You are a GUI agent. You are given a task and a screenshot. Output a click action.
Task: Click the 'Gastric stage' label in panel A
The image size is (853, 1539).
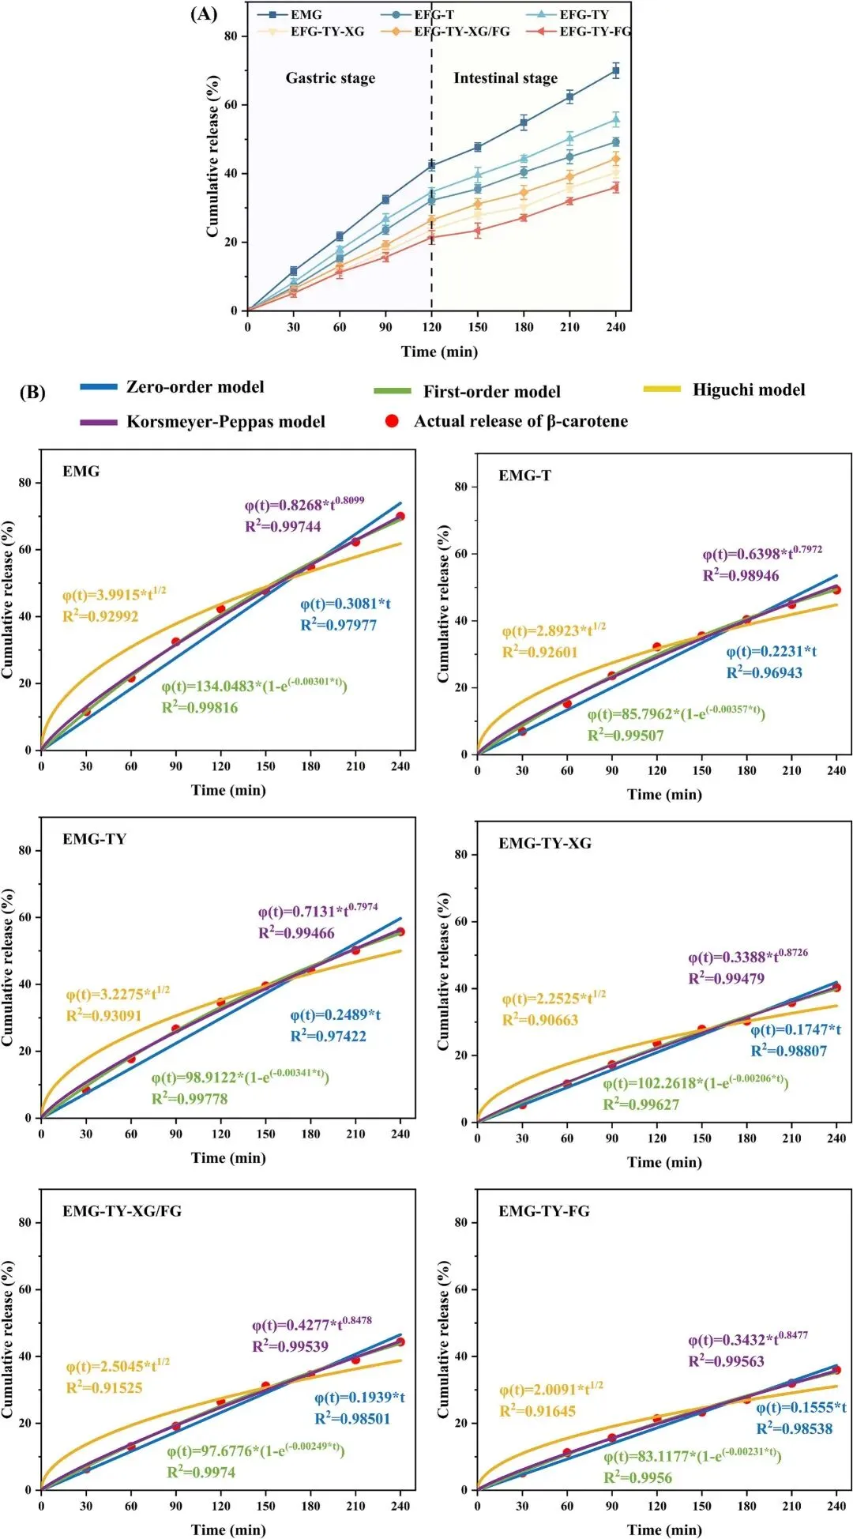click(x=330, y=78)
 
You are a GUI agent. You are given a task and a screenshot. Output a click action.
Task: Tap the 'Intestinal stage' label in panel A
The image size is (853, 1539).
click(x=505, y=78)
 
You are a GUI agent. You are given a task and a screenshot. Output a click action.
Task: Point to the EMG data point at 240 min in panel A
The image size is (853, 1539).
click(x=615, y=71)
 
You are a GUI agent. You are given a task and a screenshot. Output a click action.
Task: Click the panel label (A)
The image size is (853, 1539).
click(x=204, y=13)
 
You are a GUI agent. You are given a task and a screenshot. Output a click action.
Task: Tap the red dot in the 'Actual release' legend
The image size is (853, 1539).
click(x=392, y=421)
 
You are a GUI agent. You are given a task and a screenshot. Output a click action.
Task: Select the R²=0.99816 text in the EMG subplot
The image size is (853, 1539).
click(x=200, y=708)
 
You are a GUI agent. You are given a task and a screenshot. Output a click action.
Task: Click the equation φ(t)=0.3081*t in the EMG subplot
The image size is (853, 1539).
click(x=345, y=604)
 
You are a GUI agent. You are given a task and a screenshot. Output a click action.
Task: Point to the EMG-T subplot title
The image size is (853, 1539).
click(x=524, y=476)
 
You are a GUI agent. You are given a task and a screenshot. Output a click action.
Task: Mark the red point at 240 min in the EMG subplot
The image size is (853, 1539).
click(x=400, y=517)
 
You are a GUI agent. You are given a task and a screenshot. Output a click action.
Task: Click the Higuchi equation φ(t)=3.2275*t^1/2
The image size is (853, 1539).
click(x=118, y=994)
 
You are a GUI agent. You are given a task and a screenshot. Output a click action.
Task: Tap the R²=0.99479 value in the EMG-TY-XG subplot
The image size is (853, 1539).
click(x=727, y=979)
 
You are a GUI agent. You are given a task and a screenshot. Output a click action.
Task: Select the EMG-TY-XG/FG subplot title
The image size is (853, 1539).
click(x=122, y=1211)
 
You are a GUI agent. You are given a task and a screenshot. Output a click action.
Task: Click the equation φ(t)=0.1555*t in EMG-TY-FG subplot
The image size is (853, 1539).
click(x=801, y=1408)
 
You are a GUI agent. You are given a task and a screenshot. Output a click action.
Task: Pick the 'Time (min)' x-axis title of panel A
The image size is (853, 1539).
click(x=439, y=352)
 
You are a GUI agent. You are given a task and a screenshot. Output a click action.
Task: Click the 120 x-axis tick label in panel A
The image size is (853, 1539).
click(x=431, y=327)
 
